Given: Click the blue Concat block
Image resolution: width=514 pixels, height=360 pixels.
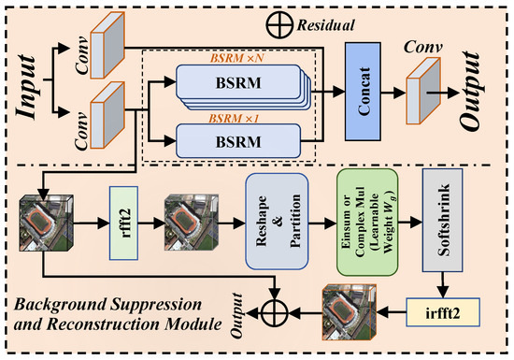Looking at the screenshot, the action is coord(363,92).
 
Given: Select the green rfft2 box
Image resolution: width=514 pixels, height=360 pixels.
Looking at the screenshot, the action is coord(123,223).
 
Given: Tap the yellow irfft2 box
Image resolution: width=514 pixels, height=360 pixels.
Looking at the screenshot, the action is coord(443,312).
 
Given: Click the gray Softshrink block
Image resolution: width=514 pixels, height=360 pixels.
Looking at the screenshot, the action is coord(443,221).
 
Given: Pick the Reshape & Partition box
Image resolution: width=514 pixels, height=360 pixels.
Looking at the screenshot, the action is coord(277,222).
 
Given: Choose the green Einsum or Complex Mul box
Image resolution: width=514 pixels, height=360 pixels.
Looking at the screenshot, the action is coord(367,223).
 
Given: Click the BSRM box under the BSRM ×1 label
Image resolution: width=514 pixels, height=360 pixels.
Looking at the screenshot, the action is coord(238,141).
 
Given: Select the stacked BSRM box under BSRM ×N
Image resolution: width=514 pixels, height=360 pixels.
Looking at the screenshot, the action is coord(243,87).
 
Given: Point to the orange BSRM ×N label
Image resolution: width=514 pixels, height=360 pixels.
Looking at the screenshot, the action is coord(237,58).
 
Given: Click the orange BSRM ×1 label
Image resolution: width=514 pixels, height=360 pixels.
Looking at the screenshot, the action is coord(234,118).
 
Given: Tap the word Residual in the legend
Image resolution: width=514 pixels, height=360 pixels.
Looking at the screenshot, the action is coord(325,25).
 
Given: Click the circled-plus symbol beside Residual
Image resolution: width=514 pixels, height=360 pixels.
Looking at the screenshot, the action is coord(279,25).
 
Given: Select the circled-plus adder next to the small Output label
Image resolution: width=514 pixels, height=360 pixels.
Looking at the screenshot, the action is coord(275,312).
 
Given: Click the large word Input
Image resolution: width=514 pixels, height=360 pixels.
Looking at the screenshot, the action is coord(25,88).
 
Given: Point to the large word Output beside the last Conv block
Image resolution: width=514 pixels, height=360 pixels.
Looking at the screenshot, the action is coord(471,91).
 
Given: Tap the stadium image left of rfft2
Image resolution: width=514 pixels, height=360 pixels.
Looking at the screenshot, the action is coord(47,223).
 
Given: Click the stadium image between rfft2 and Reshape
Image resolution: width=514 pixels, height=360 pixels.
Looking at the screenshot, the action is coord(191,222).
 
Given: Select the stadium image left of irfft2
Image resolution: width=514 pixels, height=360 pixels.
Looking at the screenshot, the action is coord(350,311).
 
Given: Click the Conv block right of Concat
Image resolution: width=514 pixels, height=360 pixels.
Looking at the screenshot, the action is coord(423,91).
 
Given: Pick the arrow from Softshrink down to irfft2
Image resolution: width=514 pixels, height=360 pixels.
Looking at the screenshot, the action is coord(443,284).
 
